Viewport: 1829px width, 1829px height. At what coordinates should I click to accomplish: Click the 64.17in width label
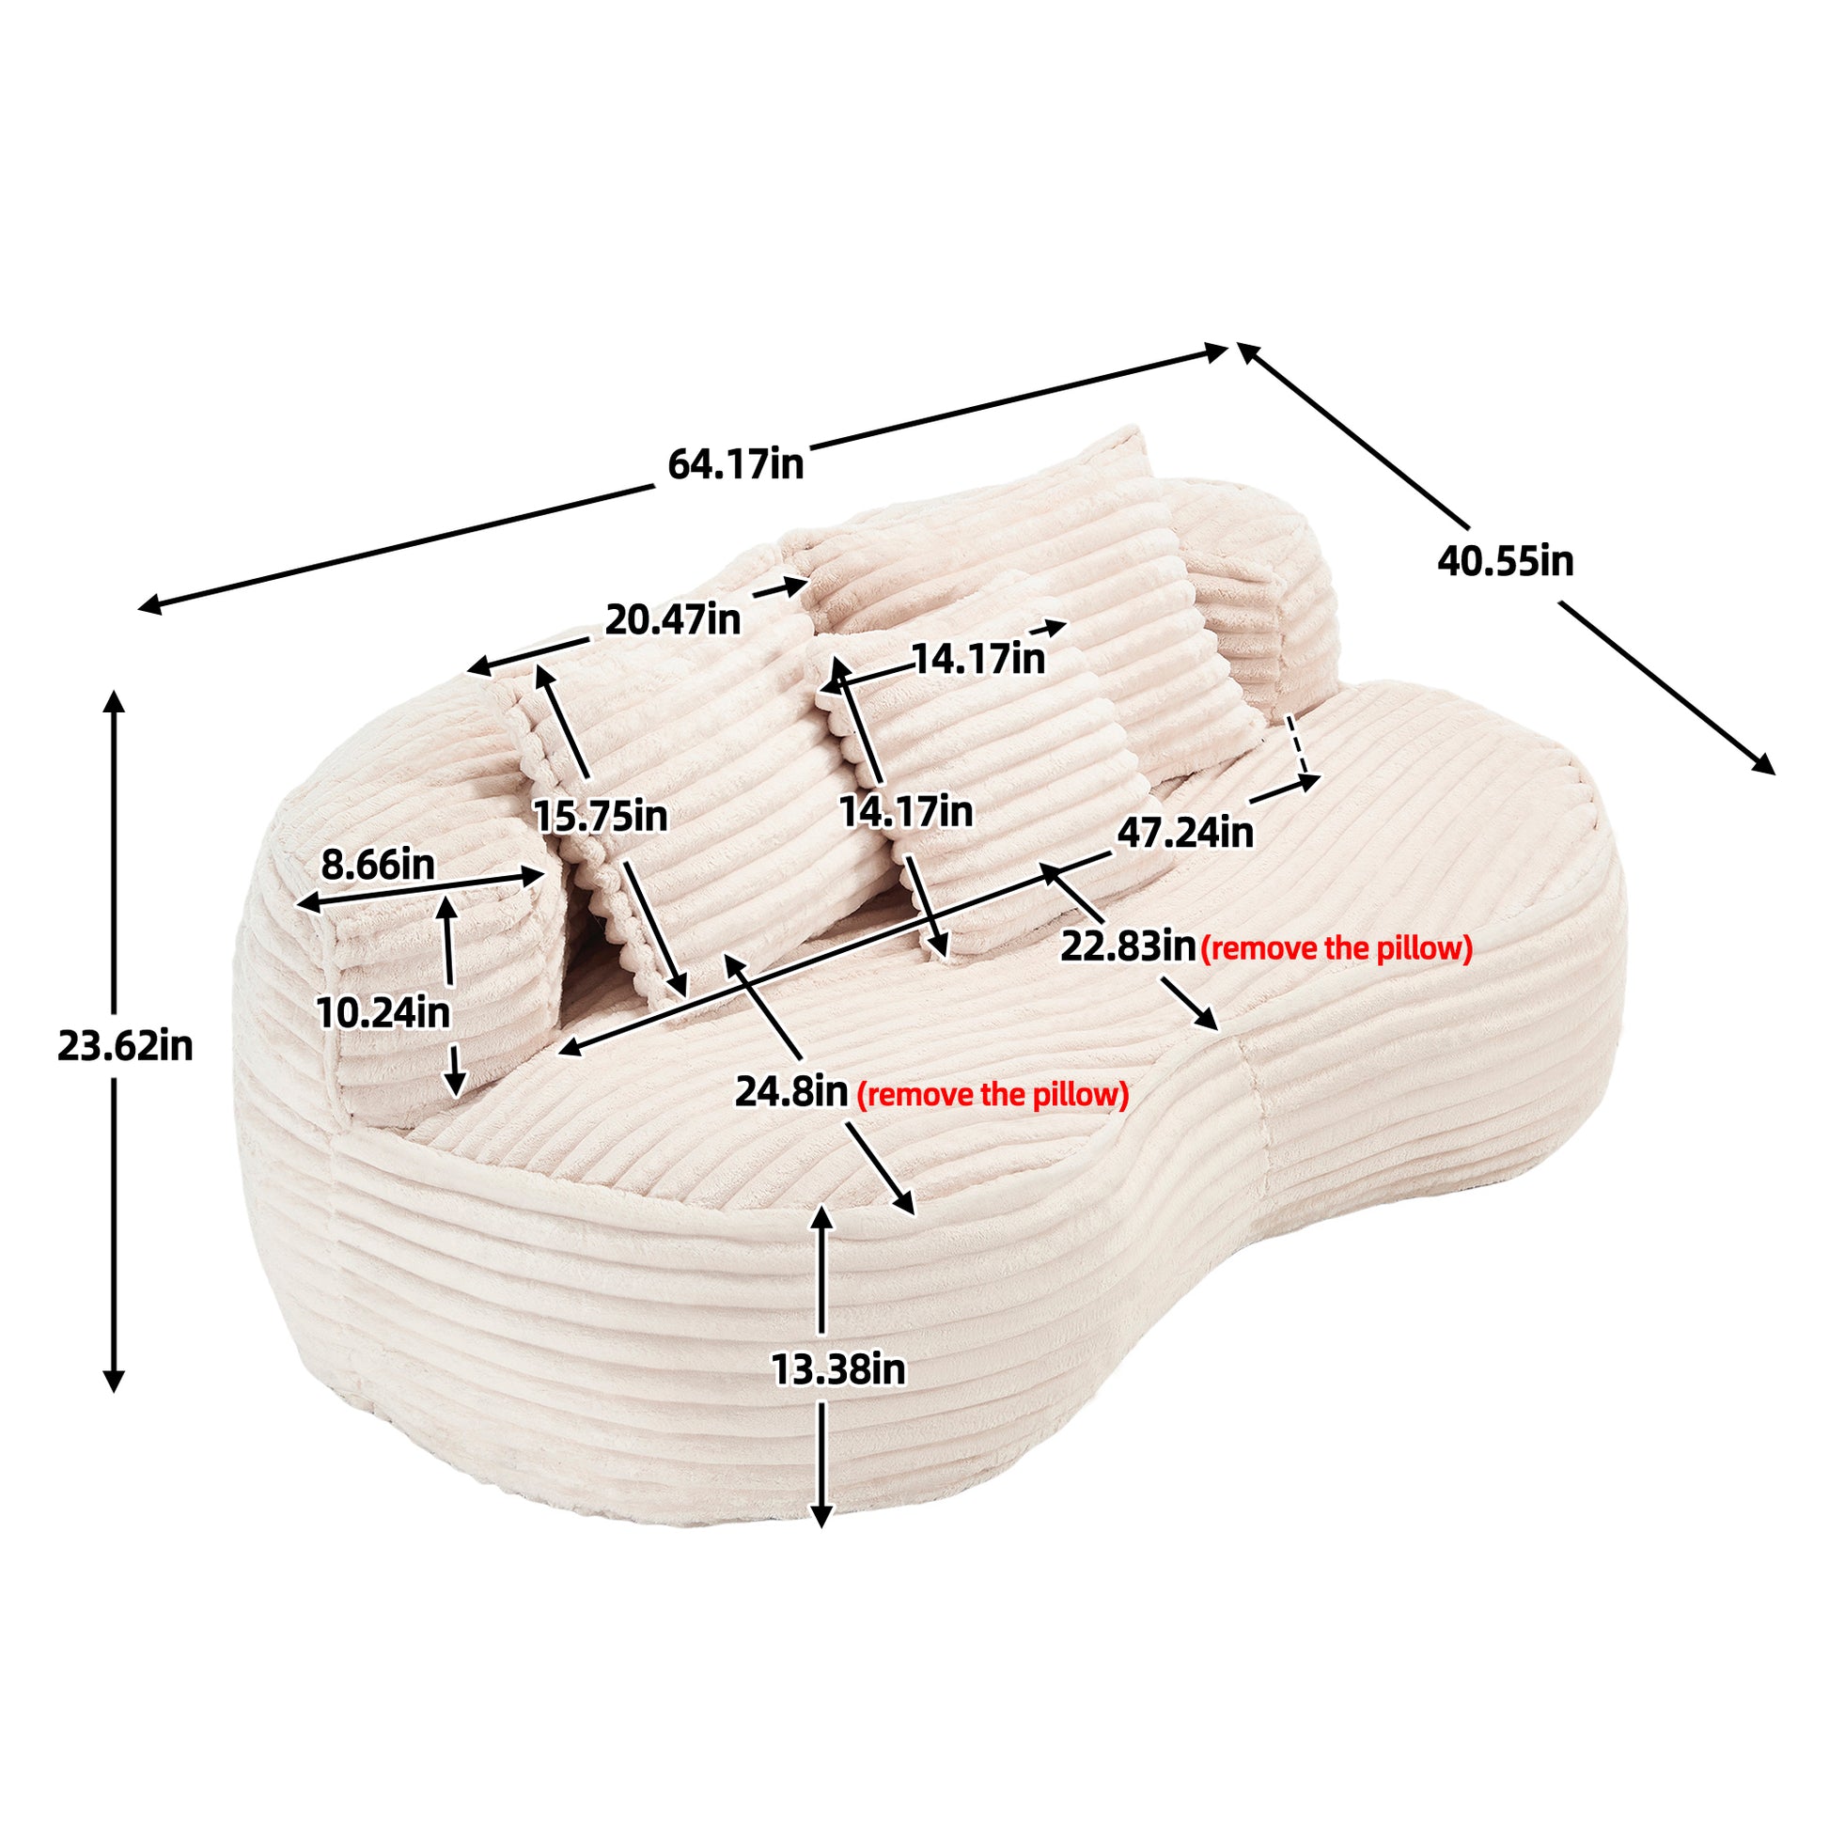pyautogui.click(x=736, y=465)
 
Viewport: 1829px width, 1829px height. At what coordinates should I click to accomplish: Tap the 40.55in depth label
pyautogui.click(x=1506, y=561)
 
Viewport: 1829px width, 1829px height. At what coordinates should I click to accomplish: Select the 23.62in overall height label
pyautogui.click(x=125, y=1046)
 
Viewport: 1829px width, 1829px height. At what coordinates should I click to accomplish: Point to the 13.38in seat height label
pyautogui.click(x=837, y=1368)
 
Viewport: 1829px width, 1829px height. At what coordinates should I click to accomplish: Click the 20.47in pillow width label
pyautogui.click(x=672, y=620)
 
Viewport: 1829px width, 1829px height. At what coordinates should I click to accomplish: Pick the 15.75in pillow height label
pyautogui.click(x=601, y=815)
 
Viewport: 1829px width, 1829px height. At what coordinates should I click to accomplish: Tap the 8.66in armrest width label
pyautogui.click(x=378, y=864)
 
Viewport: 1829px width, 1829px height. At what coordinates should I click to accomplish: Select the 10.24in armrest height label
pyautogui.click(x=383, y=1013)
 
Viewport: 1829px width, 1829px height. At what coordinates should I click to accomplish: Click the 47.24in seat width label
pyautogui.click(x=1184, y=833)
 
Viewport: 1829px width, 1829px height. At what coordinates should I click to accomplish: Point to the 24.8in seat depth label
pyautogui.click(x=790, y=1091)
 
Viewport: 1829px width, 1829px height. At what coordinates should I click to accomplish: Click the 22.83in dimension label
pyautogui.click(x=1128, y=946)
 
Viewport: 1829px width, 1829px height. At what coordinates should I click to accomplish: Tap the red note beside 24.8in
pyautogui.click(x=993, y=1095)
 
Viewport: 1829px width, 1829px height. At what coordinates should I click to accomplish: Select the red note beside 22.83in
pyautogui.click(x=1337, y=948)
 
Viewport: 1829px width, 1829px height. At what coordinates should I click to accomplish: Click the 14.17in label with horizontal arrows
pyautogui.click(x=977, y=658)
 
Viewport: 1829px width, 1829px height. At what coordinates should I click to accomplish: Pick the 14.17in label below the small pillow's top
pyautogui.click(x=906, y=811)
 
